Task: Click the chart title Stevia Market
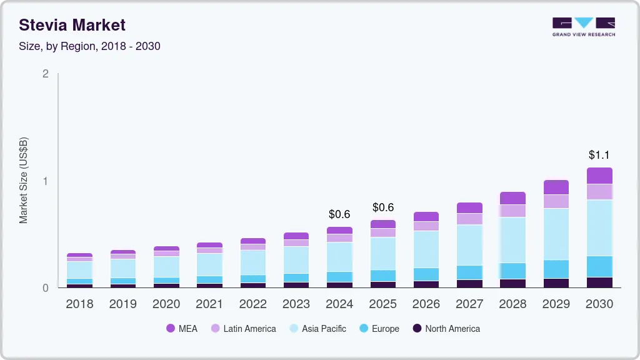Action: coord(72,25)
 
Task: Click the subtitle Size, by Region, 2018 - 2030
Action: coord(90,46)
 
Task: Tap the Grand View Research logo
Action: coord(583,26)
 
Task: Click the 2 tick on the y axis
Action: coord(45,74)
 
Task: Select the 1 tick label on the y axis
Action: coord(45,181)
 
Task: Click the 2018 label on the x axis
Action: coord(79,304)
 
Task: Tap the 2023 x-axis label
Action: coord(296,304)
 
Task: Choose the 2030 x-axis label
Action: coord(599,304)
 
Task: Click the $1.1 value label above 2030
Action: coord(599,155)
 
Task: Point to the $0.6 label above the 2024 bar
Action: coord(339,214)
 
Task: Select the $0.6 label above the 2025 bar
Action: coord(383,207)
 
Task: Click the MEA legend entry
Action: coord(182,329)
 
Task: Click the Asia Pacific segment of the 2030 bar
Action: coord(599,227)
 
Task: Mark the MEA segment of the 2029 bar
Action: coord(556,187)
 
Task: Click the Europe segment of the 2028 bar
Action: coord(513,271)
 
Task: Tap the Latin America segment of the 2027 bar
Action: coord(469,219)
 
